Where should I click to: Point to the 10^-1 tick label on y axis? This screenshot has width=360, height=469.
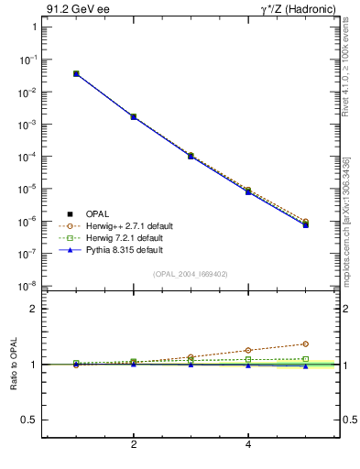click(x=27, y=60)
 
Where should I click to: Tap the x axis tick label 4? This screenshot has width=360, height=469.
click(x=248, y=444)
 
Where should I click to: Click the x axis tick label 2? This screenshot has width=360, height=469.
click(x=134, y=444)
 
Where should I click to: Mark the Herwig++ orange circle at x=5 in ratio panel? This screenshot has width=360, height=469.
click(x=305, y=344)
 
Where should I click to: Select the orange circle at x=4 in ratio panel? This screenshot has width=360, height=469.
click(x=248, y=350)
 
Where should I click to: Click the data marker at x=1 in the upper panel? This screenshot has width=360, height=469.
click(x=76, y=73)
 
